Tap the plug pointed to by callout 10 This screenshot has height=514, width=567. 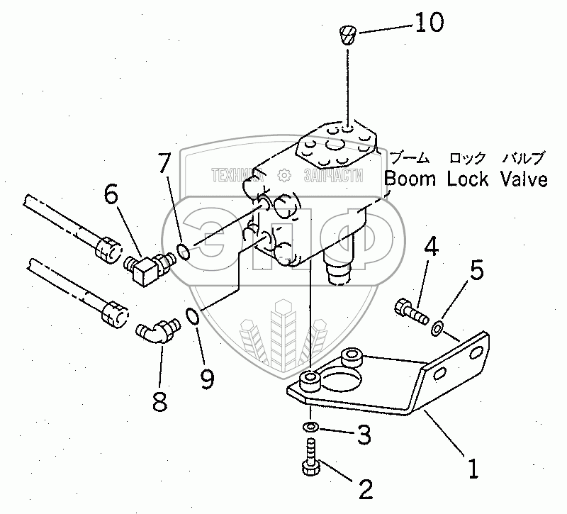347,34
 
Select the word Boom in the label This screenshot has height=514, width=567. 410,179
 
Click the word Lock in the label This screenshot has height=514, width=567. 468,179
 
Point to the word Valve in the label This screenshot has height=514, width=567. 523,179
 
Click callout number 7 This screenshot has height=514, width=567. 164,164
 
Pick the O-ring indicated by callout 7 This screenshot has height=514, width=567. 181,250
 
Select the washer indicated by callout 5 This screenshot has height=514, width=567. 437,327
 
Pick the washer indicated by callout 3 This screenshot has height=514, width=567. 310,428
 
